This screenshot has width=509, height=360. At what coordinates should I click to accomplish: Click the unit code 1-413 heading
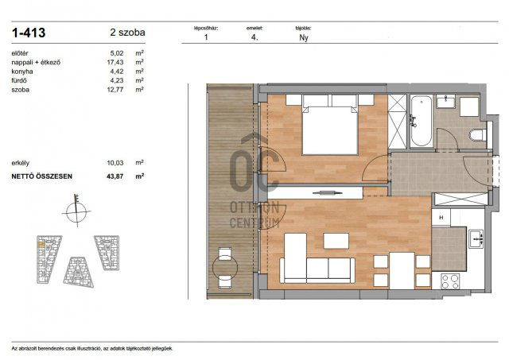coord(29,33)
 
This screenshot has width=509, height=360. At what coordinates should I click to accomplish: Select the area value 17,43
coord(115,61)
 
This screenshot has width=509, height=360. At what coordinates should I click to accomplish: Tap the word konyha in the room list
coord(22,71)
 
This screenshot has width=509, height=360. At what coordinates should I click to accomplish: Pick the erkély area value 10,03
coord(115,161)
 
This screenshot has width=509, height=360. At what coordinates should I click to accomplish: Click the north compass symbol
coord(77,211)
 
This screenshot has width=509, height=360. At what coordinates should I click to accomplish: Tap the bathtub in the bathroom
coord(421,121)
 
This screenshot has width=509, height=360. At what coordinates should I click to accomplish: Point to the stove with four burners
coord(451,280)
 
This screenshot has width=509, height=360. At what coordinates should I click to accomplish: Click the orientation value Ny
coord(303,37)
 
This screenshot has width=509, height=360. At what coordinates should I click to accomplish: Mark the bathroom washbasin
coord(446,101)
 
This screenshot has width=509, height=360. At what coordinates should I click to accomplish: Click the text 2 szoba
coord(127,33)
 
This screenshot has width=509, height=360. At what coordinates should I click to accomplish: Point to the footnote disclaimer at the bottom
coord(91,348)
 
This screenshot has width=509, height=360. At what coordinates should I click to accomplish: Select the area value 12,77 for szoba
coord(115,90)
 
